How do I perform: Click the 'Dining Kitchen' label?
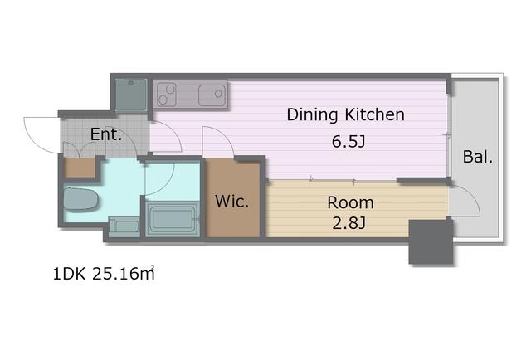point(345,114)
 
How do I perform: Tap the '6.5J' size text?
point(348,142)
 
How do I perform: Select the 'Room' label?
point(350,203)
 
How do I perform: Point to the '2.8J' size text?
point(348,223)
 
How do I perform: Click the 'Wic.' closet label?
point(232,202)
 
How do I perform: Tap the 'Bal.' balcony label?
point(478,157)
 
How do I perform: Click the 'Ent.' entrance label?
point(106,134)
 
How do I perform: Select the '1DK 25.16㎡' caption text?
point(104,274)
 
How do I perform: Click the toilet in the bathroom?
point(81,199)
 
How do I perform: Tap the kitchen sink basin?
point(212,95)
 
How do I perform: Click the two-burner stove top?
point(167,95)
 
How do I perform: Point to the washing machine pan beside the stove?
point(131,95)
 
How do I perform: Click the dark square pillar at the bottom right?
point(431,242)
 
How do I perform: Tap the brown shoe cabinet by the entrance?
point(80,168)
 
